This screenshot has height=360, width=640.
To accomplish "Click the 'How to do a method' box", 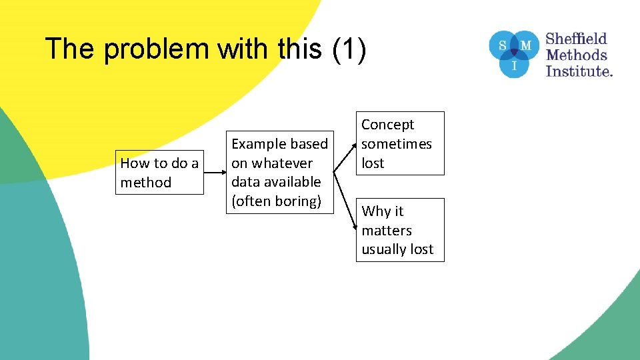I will (x=159, y=173).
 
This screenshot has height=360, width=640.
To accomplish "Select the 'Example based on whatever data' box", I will (x=279, y=173).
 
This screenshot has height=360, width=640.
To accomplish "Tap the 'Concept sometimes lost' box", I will (x=399, y=143).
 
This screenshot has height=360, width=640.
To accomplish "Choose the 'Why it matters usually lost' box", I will (x=399, y=230).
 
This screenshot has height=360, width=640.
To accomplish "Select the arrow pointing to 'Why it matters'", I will (x=346, y=200).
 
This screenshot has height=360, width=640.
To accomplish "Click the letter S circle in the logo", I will (x=501, y=45).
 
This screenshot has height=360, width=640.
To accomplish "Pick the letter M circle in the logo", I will (x=526, y=45).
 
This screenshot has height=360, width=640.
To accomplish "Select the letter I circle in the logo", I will (x=513, y=65).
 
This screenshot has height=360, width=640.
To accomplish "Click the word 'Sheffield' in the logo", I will (x=577, y=39).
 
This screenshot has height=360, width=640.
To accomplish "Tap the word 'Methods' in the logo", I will (x=577, y=55).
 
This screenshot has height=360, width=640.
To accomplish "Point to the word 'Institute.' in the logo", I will (x=579, y=71).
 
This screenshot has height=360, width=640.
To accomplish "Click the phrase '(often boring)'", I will (x=276, y=201).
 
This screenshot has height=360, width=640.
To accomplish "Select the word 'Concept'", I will (x=387, y=125).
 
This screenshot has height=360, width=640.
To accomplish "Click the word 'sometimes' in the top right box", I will (x=397, y=144).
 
